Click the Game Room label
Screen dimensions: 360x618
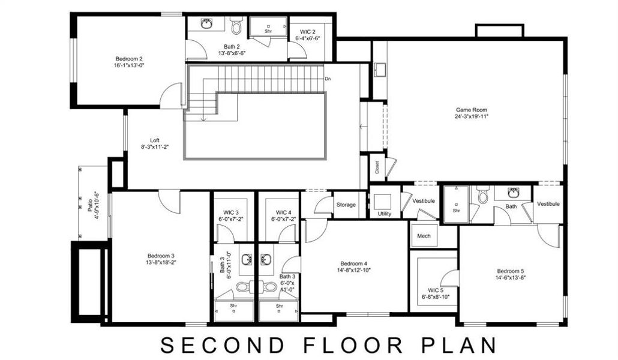pos(472,110)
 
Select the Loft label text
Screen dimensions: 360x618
pos(155,140)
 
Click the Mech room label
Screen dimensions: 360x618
pos(424,236)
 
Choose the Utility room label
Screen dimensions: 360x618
pos(385,214)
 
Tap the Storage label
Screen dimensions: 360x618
pos(346,205)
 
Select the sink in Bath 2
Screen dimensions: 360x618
pos(206,25)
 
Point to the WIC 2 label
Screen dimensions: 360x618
pos(307,31)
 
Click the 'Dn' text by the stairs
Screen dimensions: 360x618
pos(328,79)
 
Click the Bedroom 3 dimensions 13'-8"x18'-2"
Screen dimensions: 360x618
pos(160,263)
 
